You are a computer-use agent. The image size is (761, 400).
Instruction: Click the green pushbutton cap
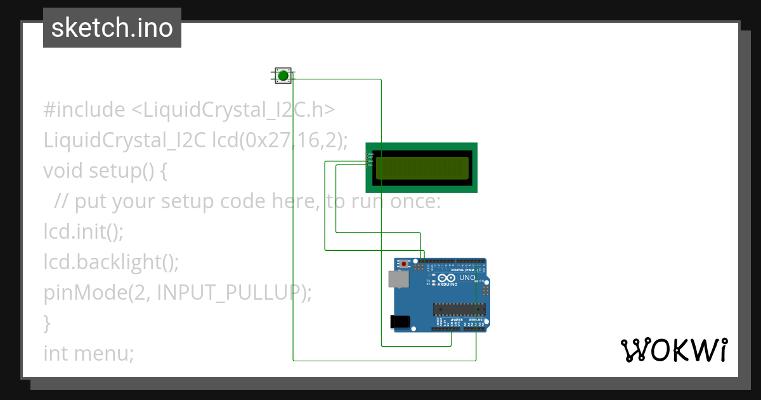(x=283, y=76)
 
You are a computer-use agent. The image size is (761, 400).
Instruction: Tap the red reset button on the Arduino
(x=404, y=264)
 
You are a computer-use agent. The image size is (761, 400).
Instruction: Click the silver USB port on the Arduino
(x=398, y=279)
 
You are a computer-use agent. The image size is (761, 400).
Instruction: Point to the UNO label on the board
(x=467, y=277)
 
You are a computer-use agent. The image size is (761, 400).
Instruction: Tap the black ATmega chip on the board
(x=459, y=309)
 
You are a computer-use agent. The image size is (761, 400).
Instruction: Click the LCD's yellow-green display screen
(x=422, y=168)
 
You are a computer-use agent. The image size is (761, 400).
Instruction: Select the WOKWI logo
(x=673, y=350)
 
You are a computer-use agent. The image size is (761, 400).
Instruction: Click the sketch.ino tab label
(x=112, y=28)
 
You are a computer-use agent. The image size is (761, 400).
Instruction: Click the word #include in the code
(x=84, y=110)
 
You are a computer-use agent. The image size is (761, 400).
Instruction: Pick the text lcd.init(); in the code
(x=83, y=231)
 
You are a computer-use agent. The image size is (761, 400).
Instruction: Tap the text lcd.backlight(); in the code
(x=111, y=262)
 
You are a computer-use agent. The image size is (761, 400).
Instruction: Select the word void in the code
(x=63, y=171)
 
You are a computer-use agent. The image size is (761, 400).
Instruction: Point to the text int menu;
(x=88, y=353)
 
